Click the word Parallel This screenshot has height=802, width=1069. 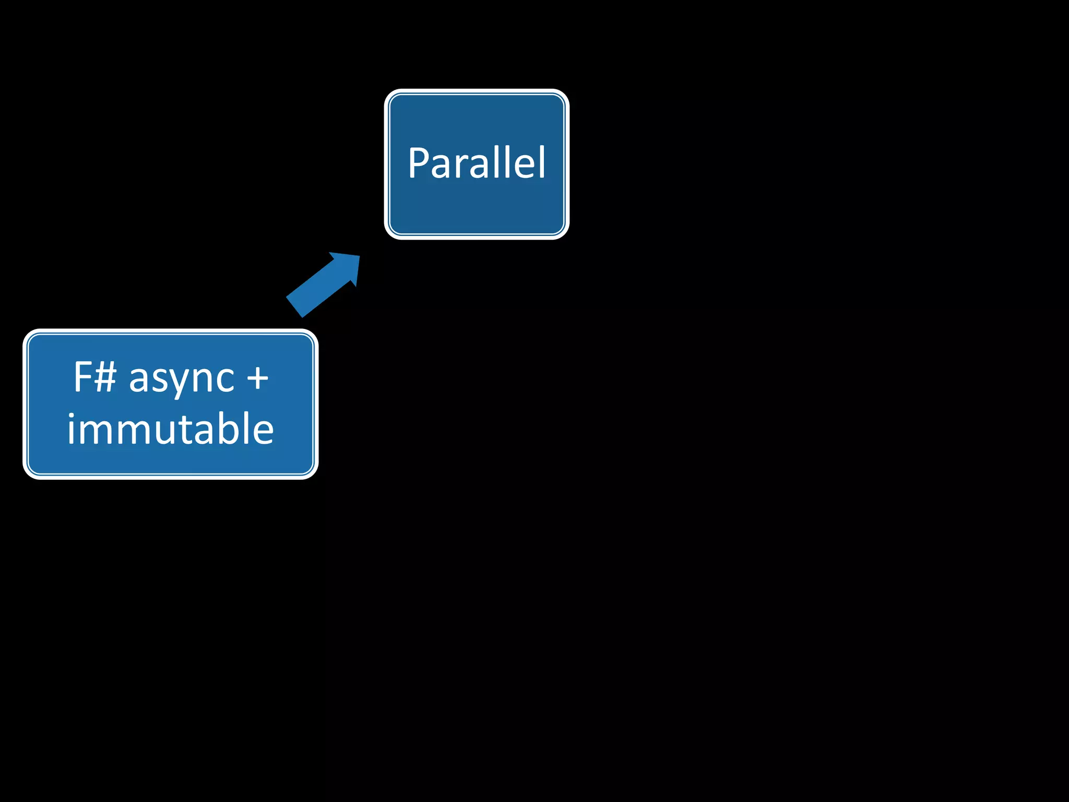click(477, 163)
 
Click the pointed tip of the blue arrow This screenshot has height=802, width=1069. click(359, 256)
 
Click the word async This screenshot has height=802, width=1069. click(182, 378)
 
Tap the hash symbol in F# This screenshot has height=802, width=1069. click(105, 376)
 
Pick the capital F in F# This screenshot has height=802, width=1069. click(82, 376)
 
